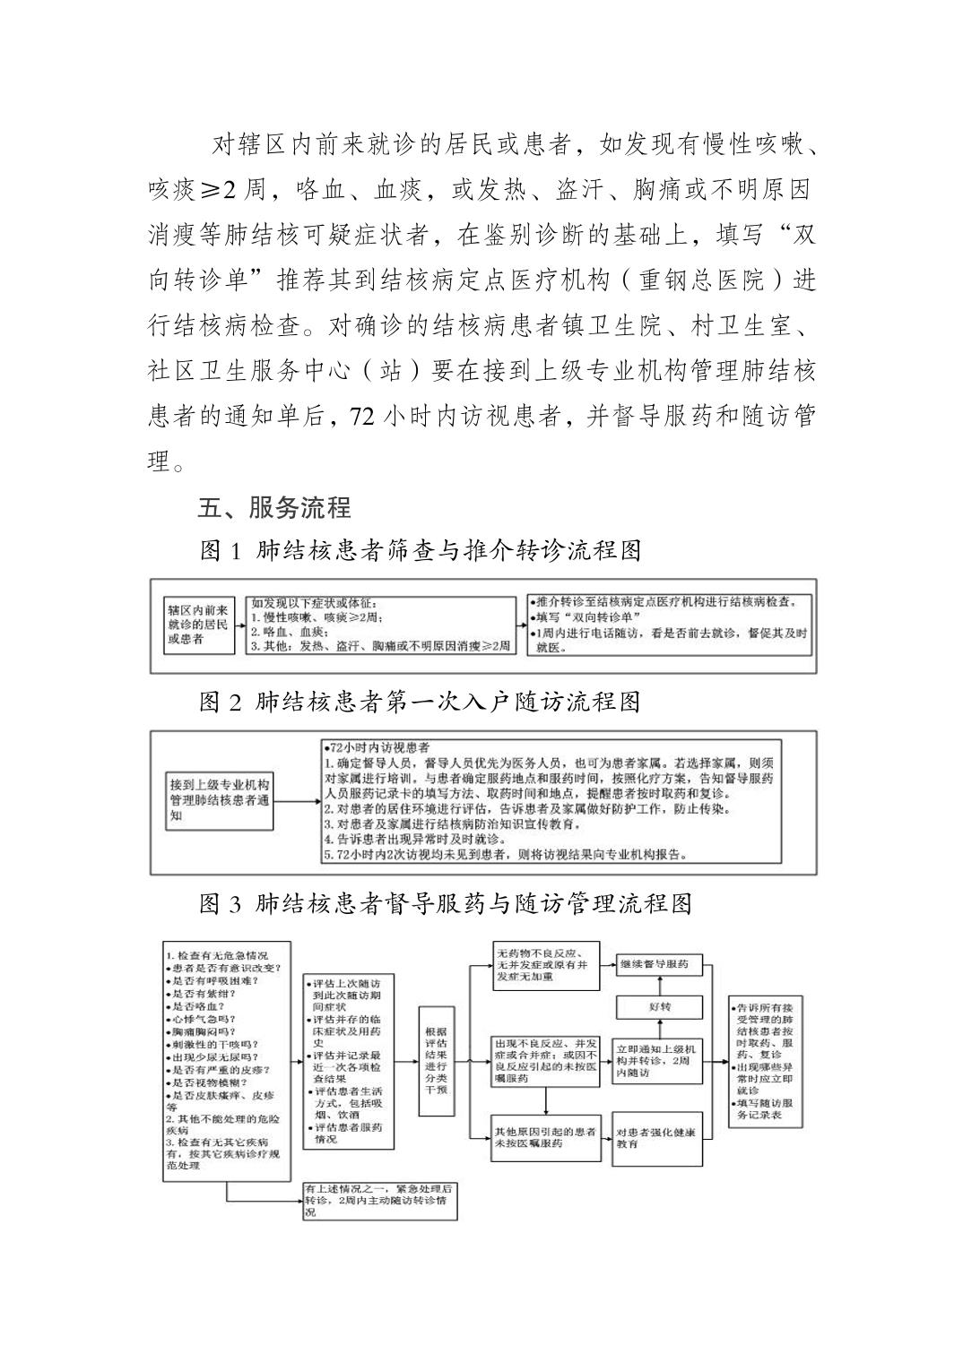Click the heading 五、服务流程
tap(274, 507)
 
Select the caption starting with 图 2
tap(420, 701)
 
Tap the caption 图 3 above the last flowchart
tap(446, 902)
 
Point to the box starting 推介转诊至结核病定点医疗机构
tap(672, 625)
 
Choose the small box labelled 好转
tap(660, 1008)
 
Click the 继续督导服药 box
tap(660, 964)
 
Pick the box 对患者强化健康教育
tap(659, 1138)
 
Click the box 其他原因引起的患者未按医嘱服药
tap(545, 1137)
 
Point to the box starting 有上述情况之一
tap(379, 1201)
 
